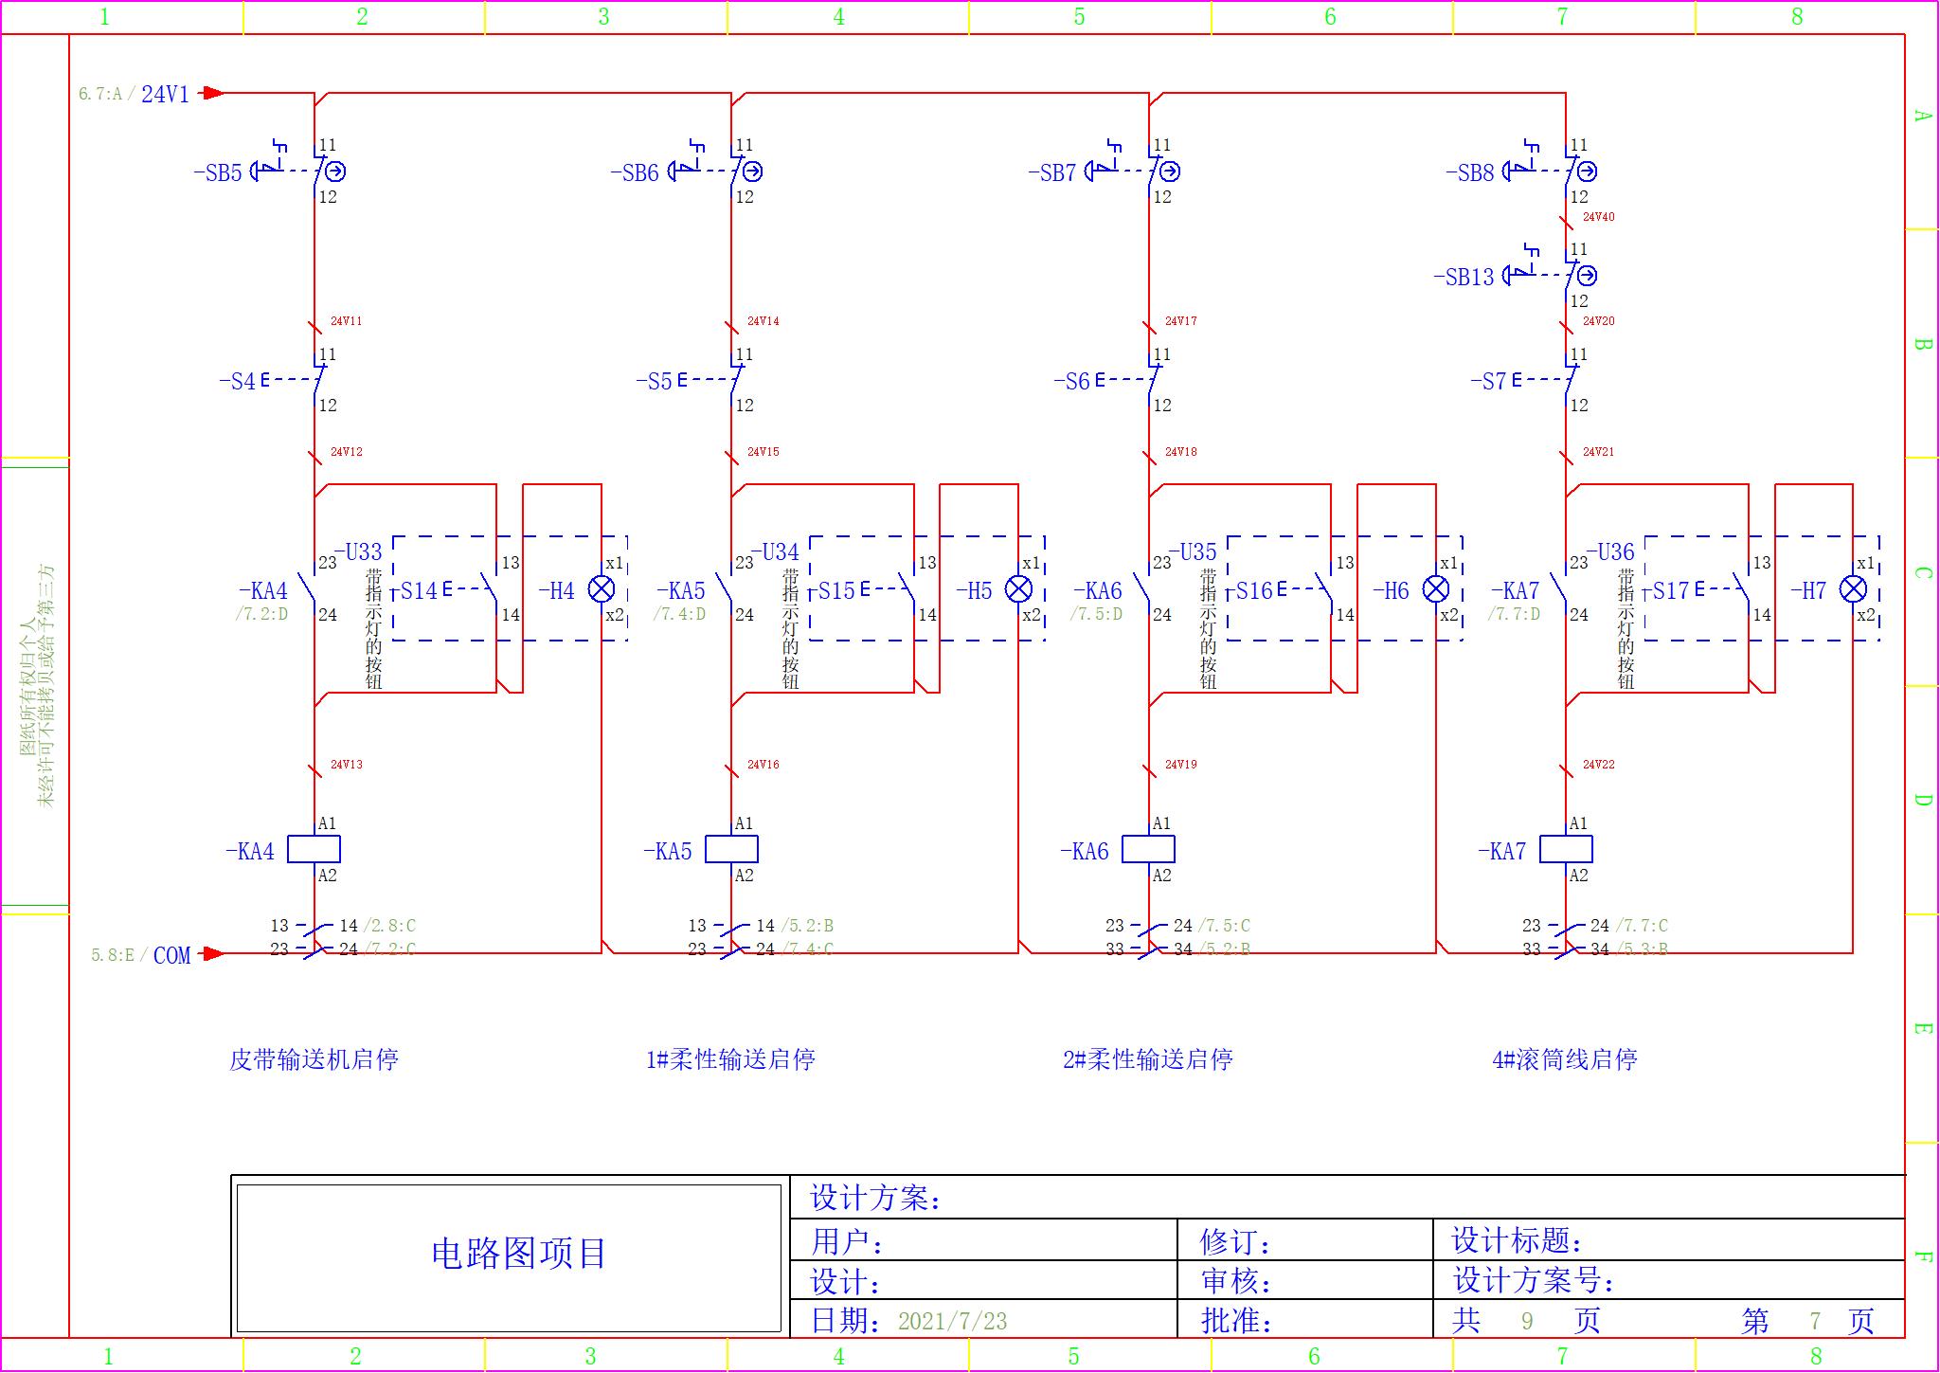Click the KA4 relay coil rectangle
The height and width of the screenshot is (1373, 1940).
(314, 849)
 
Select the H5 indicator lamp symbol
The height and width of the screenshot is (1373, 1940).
(1018, 589)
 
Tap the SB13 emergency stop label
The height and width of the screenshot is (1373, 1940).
(1464, 277)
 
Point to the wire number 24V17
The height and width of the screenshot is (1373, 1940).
(1181, 321)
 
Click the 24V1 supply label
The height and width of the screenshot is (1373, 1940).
(165, 94)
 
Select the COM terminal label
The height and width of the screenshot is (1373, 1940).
(171, 955)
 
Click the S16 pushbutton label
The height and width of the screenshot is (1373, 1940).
(1255, 591)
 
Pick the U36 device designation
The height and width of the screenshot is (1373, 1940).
(1610, 551)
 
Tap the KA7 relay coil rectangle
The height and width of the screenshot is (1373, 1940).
(1566, 849)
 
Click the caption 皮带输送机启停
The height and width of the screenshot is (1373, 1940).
(314, 1059)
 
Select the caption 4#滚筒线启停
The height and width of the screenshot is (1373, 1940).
(1565, 1059)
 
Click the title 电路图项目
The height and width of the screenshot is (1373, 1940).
(518, 1254)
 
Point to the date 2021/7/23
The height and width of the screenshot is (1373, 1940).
(952, 1321)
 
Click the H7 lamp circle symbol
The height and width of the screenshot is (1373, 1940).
(1853, 589)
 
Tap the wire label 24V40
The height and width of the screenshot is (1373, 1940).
(1599, 217)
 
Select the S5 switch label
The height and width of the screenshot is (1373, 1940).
(654, 381)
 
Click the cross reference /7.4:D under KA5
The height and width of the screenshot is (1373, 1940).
(679, 614)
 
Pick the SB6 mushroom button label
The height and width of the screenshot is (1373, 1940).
(635, 172)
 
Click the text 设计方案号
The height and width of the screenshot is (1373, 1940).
(1533, 1281)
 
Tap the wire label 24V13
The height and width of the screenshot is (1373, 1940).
(347, 765)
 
